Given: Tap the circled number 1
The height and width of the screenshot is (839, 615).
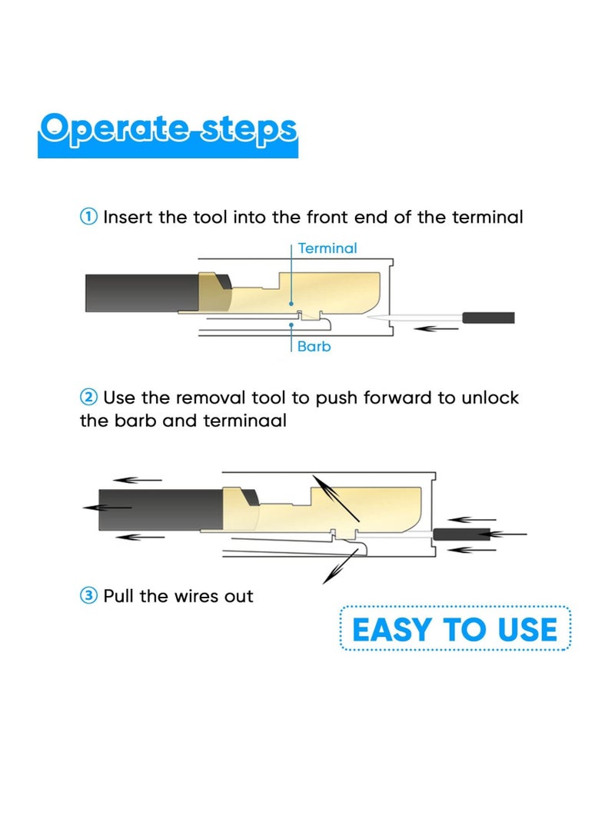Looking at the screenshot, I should coord(88,218).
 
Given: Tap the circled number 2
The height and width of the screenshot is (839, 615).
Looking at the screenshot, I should coord(88,398).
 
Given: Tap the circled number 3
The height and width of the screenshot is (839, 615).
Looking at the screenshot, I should coord(88,596).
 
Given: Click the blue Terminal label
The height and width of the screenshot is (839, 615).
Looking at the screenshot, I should coord(327,248).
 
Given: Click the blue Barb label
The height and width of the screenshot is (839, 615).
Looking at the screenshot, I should coord(314,347).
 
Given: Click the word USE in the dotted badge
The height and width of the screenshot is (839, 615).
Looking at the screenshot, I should coord(526,630).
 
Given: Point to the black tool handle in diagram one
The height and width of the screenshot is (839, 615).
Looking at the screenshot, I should coord(487,318).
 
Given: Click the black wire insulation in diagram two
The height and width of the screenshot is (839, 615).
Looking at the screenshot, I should coord(154,508).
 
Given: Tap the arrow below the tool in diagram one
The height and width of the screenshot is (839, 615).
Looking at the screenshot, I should coord(437,328).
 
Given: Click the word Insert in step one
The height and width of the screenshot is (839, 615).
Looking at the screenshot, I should coord(128,218).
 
